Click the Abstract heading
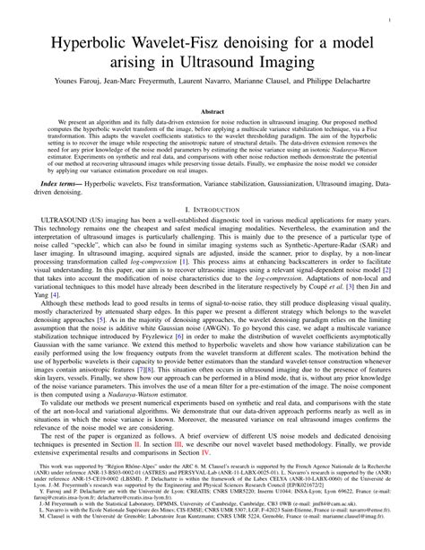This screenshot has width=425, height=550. pos(212,111)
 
